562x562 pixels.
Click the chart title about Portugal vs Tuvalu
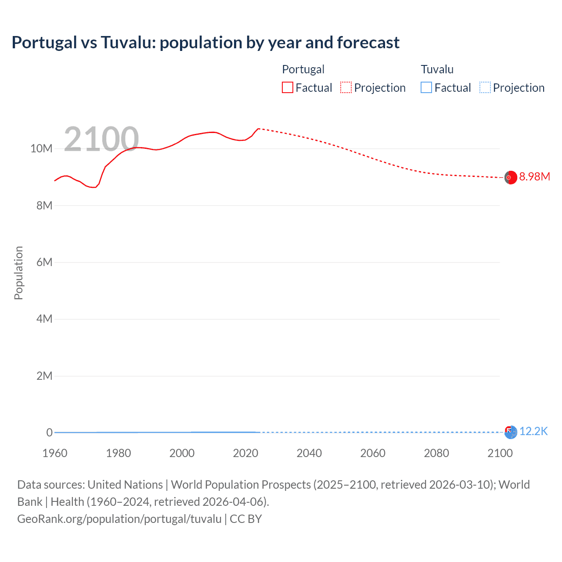pyautogui.click(x=205, y=43)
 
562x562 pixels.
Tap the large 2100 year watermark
pyautogui.click(x=101, y=139)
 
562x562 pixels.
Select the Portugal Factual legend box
pyautogui.click(x=288, y=87)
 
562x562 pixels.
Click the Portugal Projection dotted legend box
pyautogui.click(x=346, y=87)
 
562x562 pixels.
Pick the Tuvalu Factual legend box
pyautogui.click(x=426, y=87)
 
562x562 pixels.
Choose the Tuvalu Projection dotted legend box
pyautogui.click(x=485, y=87)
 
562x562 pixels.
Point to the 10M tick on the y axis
pyautogui.click(x=41, y=148)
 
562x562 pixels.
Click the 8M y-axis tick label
pyautogui.click(x=44, y=205)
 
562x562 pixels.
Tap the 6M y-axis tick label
pyautogui.click(x=44, y=262)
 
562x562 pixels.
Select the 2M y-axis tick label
pyautogui.click(x=44, y=376)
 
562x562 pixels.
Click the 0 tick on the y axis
pyautogui.click(x=49, y=432)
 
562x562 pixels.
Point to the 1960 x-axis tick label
pyautogui.click(x=55, y=453)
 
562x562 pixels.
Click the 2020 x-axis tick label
pyautogui.click(x=245, y=453)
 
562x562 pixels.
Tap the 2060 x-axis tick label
pyautogui.click(x=373, y=453)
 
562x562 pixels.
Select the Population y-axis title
pyautogui.click(x=18, y=273)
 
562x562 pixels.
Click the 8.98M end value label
pyautogui.click(x=534, y=177)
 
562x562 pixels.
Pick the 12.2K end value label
pyautogui.click(x=533, y=431)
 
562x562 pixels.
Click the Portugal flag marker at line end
pyautogui.click(x=510, y=177)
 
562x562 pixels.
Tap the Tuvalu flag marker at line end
pyautogui.click(x=511, y=432)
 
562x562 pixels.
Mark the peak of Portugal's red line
pyautogui.click(x=259, y=129)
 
